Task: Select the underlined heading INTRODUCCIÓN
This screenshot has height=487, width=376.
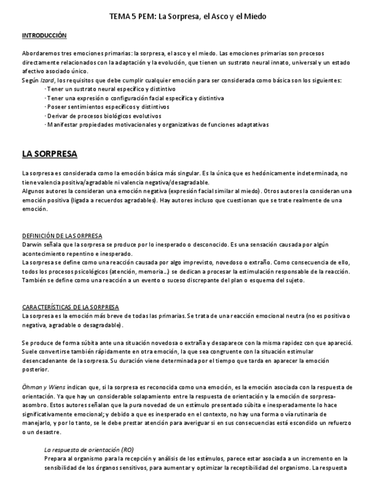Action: pyautogui.click(x=44, y=36)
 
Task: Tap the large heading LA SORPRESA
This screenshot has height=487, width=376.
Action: pyautogui.click(x=49, y=154)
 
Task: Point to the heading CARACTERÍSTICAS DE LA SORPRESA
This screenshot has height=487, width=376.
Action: pyautogui.click(x=71, y=308)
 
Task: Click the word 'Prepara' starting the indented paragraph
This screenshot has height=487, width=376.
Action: pyautogui.click(x=56, y=459)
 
